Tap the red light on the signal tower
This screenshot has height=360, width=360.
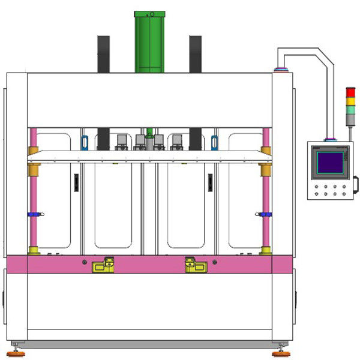pyautogui.click(x=351, y=92)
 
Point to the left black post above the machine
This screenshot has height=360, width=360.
pyautogui.click(x=104, y=54)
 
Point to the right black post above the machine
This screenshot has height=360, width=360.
pyautogui.click(x=196, y=54)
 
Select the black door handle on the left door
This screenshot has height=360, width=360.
pyautogui.click(x=76, y=182)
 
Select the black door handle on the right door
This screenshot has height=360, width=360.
pyautogui.click(x=210, y=182)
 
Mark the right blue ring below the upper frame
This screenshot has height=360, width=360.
pyautogui.click(x=214, y=142)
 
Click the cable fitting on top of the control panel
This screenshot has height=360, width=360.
pyautogui.click(x=329, y=140)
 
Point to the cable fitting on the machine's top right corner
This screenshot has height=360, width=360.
pyautogui.click(x=280, y=70)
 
